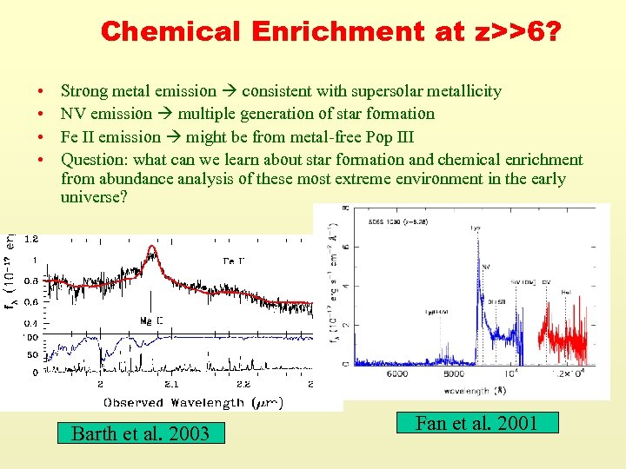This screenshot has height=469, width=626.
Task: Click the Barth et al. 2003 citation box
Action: pyautogui.click(x=140, y=433)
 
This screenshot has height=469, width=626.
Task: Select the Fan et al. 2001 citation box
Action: pyautogui.click(x=476, y=423)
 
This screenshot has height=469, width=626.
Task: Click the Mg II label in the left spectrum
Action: pyautogui.click(x=151, y=320)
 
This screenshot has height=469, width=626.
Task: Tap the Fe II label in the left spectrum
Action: pyautogui.click(x=234, y=260)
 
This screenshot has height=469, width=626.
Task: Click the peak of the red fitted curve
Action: pyautogui.click(x=154, y=248)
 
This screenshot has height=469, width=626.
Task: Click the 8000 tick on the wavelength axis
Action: pyautogui.click(x=454, y=373)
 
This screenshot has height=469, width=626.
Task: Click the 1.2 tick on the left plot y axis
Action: pyautogui.click(x=30, y=238)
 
